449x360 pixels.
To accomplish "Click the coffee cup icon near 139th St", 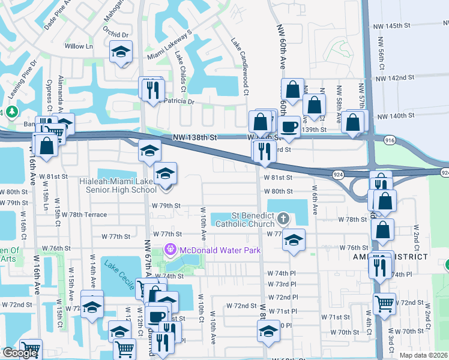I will pyautogui.click(x=290, y=127).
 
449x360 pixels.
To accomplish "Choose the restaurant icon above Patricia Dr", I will pyautogui.click(x=152, y=89).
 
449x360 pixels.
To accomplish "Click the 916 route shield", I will pyautogui.click(x=390, y=139).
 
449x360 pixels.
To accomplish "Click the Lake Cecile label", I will pyautogui.click(x=119, y=274).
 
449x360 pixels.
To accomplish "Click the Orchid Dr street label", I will pyautogui.click(x=116, y=35).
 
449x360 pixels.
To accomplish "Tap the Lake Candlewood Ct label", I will pyautogui.click(x=240, y=66).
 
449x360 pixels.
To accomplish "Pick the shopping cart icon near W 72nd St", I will pyautogui.click(x=384, y=303).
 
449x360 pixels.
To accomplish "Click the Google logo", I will pyautogui.click(x=20, y=353).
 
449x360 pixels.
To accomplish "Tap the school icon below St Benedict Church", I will pyautogui.click(x=293, y=239).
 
